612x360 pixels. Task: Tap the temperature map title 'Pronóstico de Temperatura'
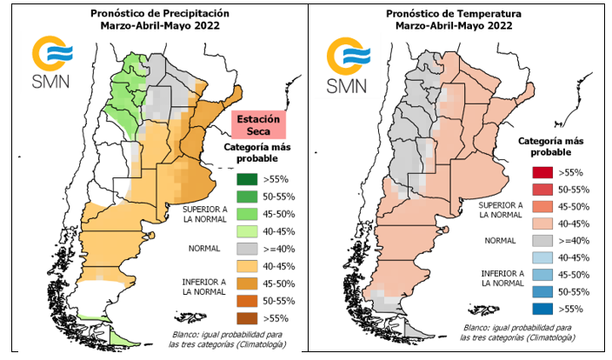click(455, 13)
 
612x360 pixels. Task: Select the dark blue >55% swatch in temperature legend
click(542, 307)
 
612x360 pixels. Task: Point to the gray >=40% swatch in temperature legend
click(542, 240)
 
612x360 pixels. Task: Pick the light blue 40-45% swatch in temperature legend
click(542, 257)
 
